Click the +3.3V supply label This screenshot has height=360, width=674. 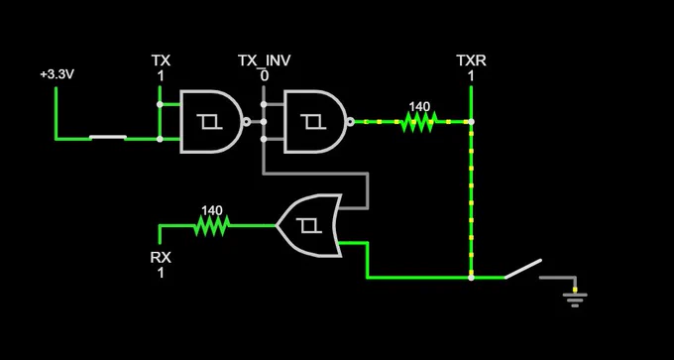coord(57,74)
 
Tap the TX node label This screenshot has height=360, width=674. coord(161,60)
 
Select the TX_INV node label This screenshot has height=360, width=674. coord(264,60)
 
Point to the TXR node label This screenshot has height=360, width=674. coord(471,60)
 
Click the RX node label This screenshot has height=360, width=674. coord(161,258)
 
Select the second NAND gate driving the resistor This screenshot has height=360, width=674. coord(315,122)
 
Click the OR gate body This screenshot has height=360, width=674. coord(309,225)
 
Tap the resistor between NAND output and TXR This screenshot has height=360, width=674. coord(418,122)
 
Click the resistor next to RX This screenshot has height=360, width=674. coord(212,225)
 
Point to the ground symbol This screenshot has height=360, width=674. coord(575,299)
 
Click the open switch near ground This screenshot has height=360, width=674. coord(523,269)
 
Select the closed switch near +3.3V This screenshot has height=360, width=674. coord(108,138)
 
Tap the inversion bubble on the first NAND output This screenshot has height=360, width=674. coord(246,122)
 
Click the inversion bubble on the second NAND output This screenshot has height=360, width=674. coord(350,122)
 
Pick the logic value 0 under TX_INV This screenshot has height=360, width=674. coord(264,76)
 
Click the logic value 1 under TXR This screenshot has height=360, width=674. coord(471,76)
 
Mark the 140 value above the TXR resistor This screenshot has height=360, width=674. coord(419,107)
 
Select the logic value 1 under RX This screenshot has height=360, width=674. coord(161,273)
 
